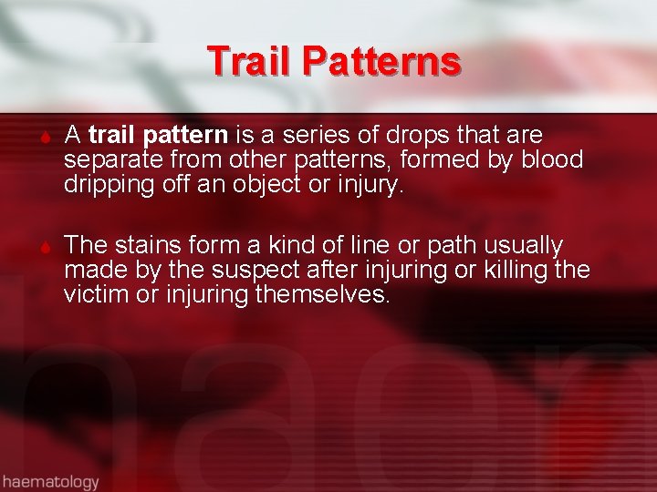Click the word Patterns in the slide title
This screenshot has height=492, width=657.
(382, 61)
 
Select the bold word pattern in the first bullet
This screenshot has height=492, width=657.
(186, 136)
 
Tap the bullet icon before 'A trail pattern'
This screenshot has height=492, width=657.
(43, 138)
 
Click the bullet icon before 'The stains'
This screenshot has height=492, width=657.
(43, 248)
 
